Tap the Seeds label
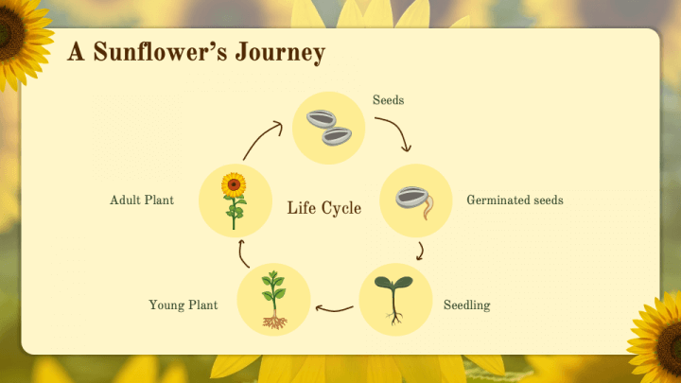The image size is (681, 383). pos(388,100)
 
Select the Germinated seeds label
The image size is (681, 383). pos(515,200)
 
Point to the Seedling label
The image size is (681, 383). pos(466,305)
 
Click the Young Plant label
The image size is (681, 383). pos(183,305)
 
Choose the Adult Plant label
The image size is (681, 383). pos(141,200)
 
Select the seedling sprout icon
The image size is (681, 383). pos(395,300)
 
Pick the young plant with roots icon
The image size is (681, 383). pos(274,300)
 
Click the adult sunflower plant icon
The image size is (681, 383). pos(235,200)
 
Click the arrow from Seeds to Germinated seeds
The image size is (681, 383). pos(395,132)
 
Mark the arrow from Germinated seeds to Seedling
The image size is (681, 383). pos(420,251)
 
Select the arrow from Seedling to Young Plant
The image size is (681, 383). pos(334,307)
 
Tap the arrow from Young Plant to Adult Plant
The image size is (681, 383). pos(242,252)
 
